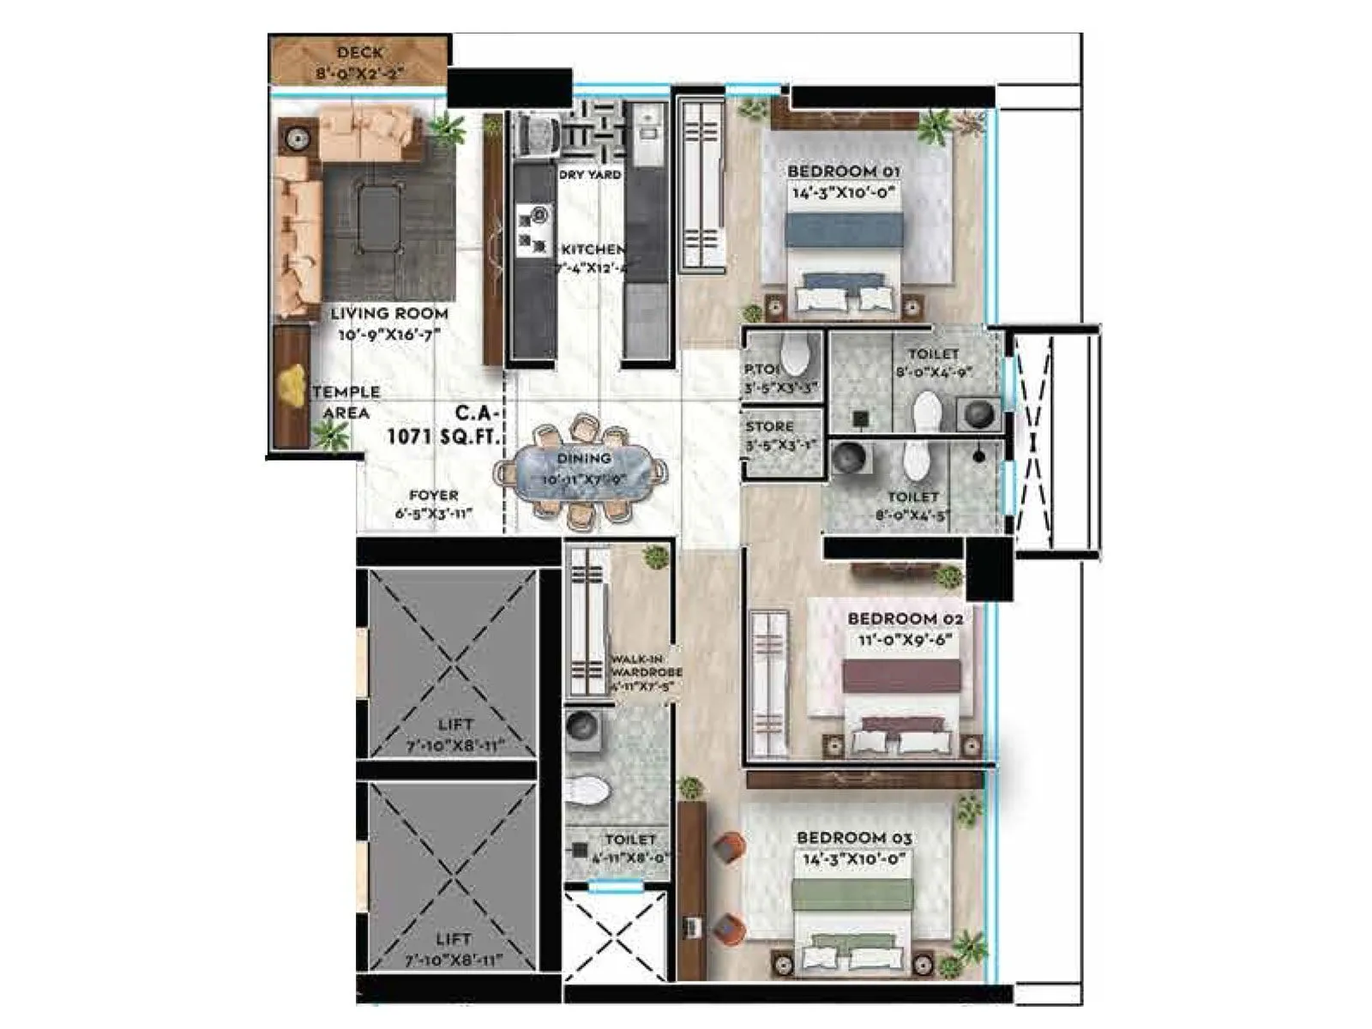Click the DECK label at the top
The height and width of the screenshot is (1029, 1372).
tap(359, 53)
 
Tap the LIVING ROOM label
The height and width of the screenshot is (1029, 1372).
tap(389, 314)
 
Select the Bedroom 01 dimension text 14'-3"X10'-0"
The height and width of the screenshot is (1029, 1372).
tap(843, 193)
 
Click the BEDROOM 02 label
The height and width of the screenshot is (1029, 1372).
tap(905, 618)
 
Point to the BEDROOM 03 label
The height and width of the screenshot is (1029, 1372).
tap(854, 838)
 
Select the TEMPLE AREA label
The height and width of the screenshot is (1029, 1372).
tap(346, 402)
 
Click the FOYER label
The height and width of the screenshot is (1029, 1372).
tap(433, 496)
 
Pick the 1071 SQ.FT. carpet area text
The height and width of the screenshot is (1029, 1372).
tap(442, 436)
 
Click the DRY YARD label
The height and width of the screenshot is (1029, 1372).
tap(590, 174)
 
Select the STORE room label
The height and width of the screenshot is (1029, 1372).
tap(769, 426)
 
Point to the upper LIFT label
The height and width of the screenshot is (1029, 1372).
tap(454, 725)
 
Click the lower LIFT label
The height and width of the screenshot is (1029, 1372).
tap(453, 940)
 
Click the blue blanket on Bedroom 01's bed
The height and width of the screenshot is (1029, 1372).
tap(844, 230)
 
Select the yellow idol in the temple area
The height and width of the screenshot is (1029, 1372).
tap(294, 385)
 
